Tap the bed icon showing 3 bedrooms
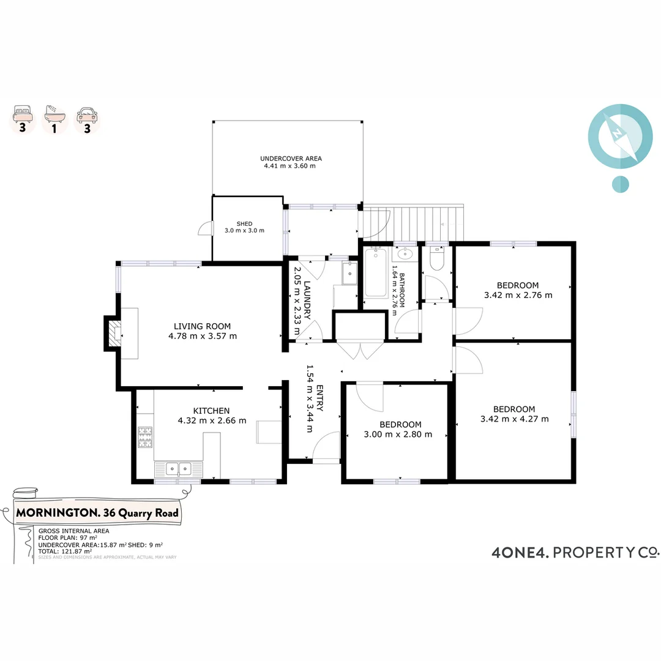(x=23, y=114)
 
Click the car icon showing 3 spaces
(x=87, y=114)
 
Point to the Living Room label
(x=202, y=326)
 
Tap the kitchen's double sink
(x=178, y=469)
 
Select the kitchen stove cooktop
(x=145, y=437)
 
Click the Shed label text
(x=244, y=223)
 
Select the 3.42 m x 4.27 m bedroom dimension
(x=514, y=419)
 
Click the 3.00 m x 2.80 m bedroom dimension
(x=400, y=435)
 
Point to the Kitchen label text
(x=211, y=411)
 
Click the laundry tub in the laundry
(x=349, y=273)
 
